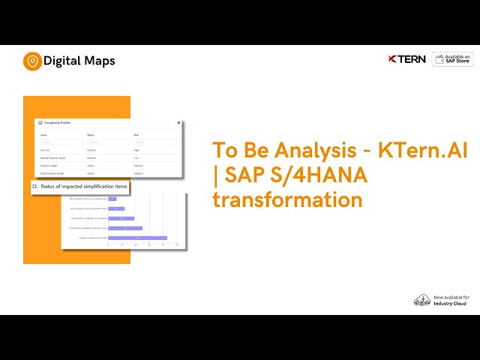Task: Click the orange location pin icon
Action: [x=32, y=61]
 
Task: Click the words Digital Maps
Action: [x=79, y=61]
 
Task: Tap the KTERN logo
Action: [x=408, y=59]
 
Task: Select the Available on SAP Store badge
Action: [x=452, y=59]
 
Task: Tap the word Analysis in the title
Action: [x=301, y=149]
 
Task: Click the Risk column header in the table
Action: [x=136, y=135]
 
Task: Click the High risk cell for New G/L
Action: [x=137, y=150]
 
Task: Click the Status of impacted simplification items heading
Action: [x=84, y=185]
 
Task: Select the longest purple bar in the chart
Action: [x=137, y=237]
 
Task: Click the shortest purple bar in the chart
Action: [x=112, y=199]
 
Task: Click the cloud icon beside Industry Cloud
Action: [x=421, y=300]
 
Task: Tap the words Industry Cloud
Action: [x=450, y=304]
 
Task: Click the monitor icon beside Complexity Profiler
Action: [x=40, y=121]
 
